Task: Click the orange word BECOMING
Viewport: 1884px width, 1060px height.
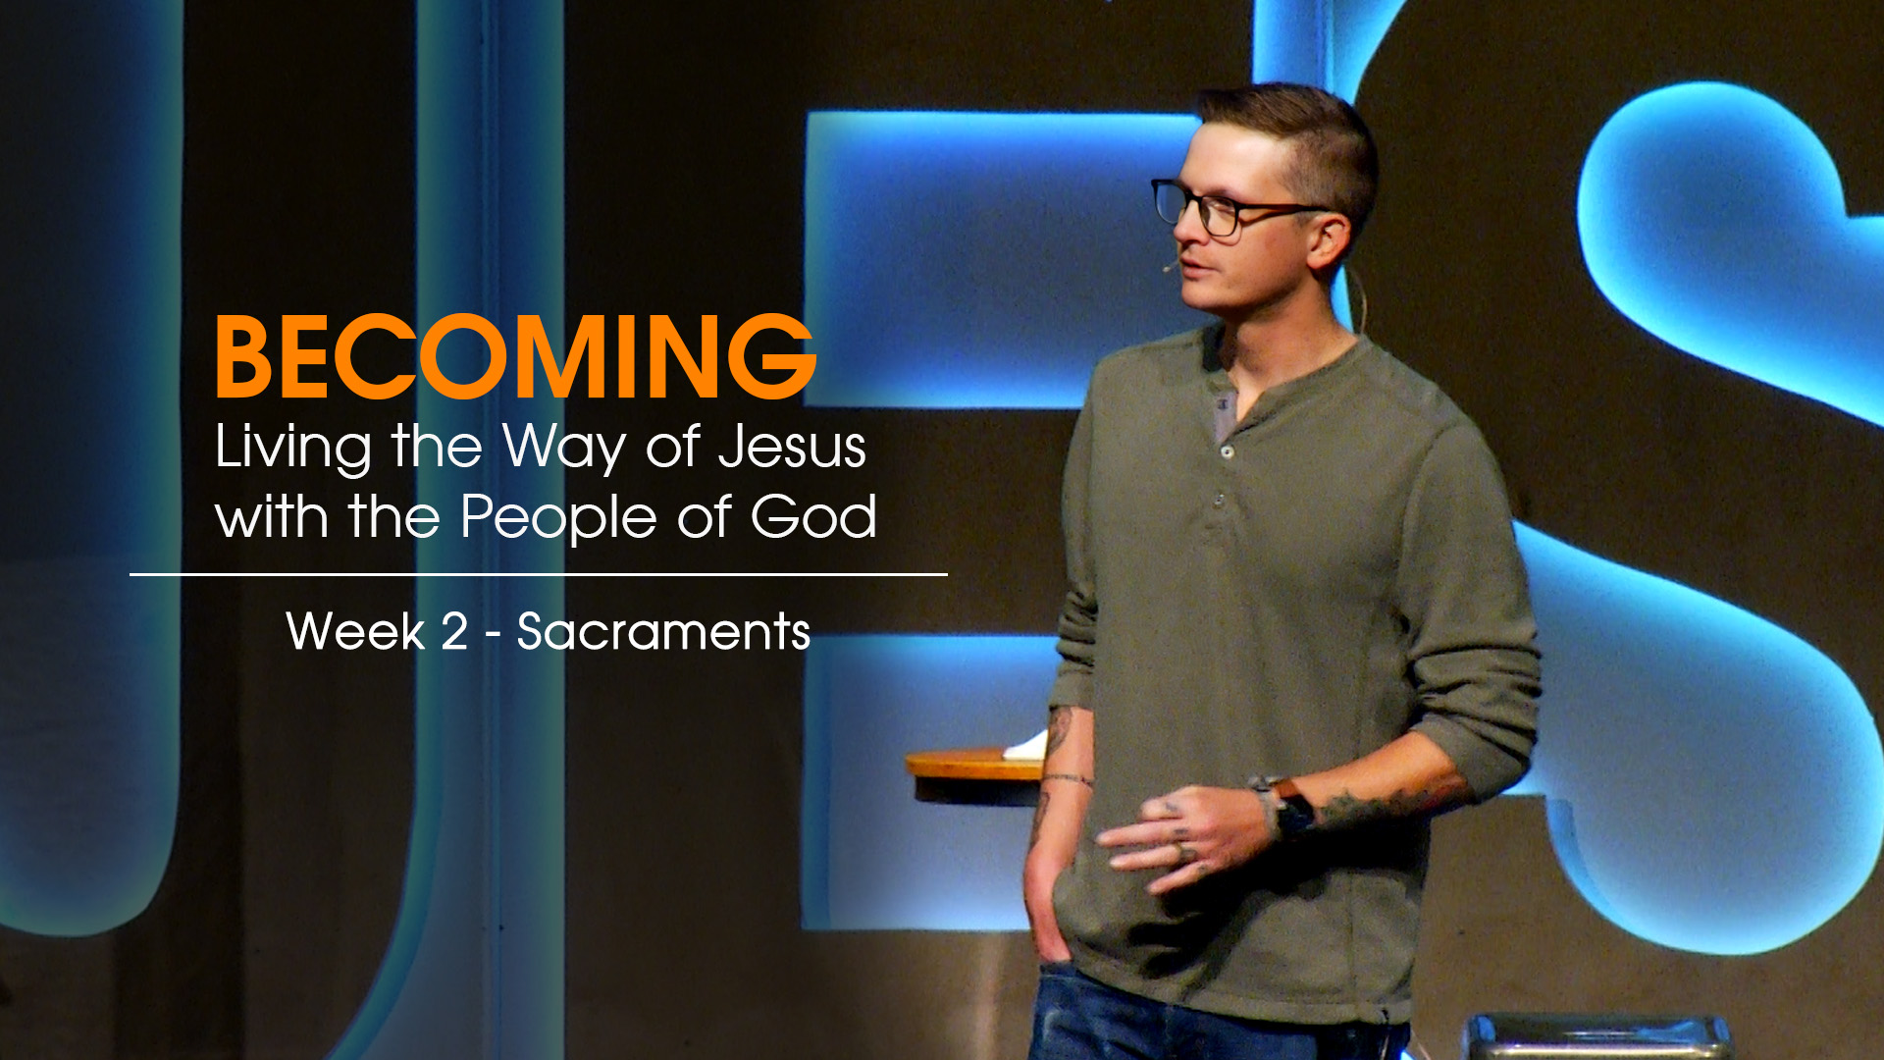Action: pos(515,357)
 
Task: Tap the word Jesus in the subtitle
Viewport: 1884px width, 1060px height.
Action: pos(792,447)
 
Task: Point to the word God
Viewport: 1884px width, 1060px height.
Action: pos(813,516)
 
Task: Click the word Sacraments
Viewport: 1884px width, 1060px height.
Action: pos(663,631)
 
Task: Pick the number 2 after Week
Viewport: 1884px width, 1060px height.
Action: pos(454,631)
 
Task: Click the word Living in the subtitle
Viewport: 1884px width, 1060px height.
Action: pos(293,449)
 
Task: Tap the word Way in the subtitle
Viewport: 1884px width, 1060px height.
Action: pos(564,449)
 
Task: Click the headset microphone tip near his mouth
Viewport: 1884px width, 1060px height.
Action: pos(1169,266)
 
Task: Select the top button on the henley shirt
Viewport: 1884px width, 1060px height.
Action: pos(1227,450)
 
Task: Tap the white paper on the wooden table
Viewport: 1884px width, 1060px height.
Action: pos(1026,747)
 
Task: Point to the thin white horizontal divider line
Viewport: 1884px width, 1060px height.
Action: pos(539,574)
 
